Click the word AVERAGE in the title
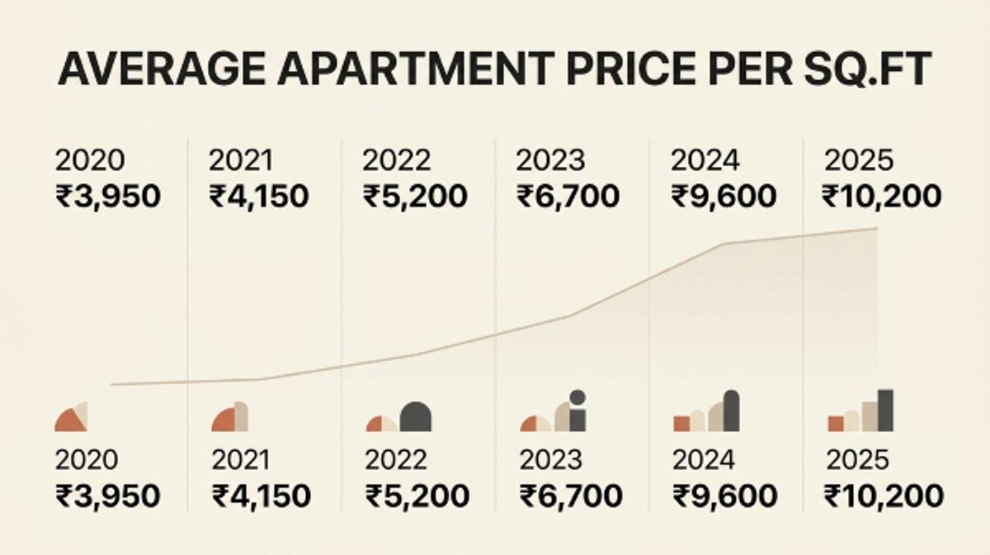tap(162, 69)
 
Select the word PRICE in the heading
tap(630, 69)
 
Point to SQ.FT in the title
tap(868, 69)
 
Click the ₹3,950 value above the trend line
tap(108, 196)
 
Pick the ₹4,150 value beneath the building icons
tap(262, 496)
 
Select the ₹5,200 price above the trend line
tap(415, 196)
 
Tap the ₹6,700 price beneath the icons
tap(571, 496)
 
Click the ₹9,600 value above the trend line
tap(724, 196)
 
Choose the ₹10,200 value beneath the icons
tap(884, 496)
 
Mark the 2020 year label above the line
tap(90, 160)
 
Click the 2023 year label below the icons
tap(551, 460)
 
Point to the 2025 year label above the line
tap(859, 160)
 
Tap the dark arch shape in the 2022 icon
tap(416, 417)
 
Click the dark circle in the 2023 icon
tap(577, 397)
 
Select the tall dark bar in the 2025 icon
tap(885, 410)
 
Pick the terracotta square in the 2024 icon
tap(681, 424)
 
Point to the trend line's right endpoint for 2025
tap(877, 229)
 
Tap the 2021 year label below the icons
tap(241, 460)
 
